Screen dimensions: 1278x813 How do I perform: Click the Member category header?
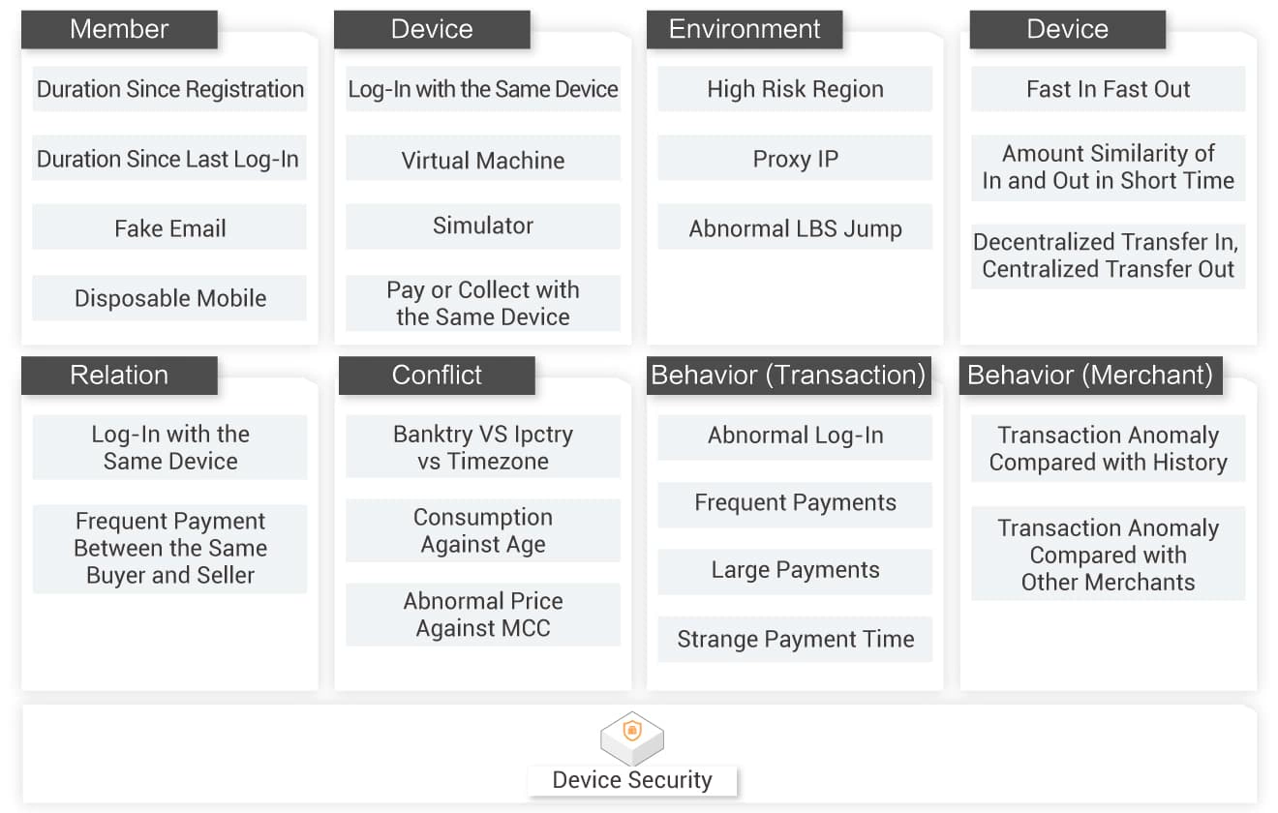point(119,29)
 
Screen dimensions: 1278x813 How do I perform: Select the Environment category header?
point(745,29)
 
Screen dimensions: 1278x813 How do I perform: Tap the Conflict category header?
point(437,376)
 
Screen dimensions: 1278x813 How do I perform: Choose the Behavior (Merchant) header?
point(1090,376)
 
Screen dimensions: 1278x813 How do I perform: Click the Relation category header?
point(119,376)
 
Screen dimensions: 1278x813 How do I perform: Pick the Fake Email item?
point(169,229)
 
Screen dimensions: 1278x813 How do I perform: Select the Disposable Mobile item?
point(169,298)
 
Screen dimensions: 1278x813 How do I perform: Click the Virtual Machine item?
point(483,161)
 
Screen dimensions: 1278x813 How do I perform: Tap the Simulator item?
point(483,226)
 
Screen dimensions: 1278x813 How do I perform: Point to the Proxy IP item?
point(795,160)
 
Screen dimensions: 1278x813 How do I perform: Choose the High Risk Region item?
point(795,89)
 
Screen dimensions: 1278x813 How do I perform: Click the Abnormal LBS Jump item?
point(795,229)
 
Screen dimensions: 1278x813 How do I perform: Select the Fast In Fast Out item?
point(1108,89)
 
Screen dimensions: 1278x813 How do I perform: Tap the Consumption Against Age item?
point(483,530)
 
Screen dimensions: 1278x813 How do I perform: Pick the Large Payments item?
point(795,570)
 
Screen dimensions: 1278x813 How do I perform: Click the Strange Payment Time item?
point(795,639)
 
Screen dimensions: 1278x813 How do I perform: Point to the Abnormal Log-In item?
point(795,436)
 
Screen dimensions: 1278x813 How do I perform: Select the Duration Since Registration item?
point(169,89)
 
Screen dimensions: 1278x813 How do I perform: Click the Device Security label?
point(632,780)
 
